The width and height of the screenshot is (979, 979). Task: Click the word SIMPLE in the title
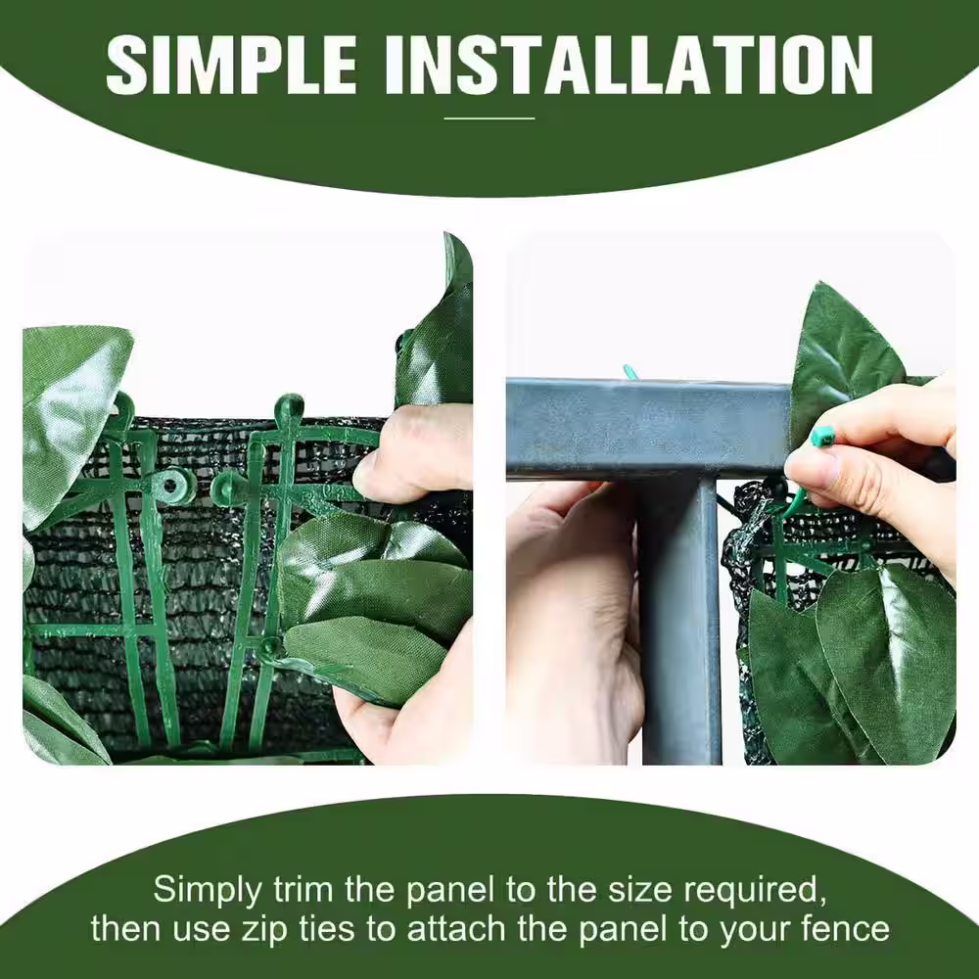[231, 65]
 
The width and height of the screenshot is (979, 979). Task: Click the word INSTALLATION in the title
[629, 65]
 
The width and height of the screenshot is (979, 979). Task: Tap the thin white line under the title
[489, 118]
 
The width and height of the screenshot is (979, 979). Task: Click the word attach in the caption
[458, 928]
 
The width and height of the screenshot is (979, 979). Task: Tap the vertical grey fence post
[680, 618]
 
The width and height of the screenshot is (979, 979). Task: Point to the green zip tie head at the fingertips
[823, 435]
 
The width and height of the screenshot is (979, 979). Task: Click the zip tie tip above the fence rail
[630, 372]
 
